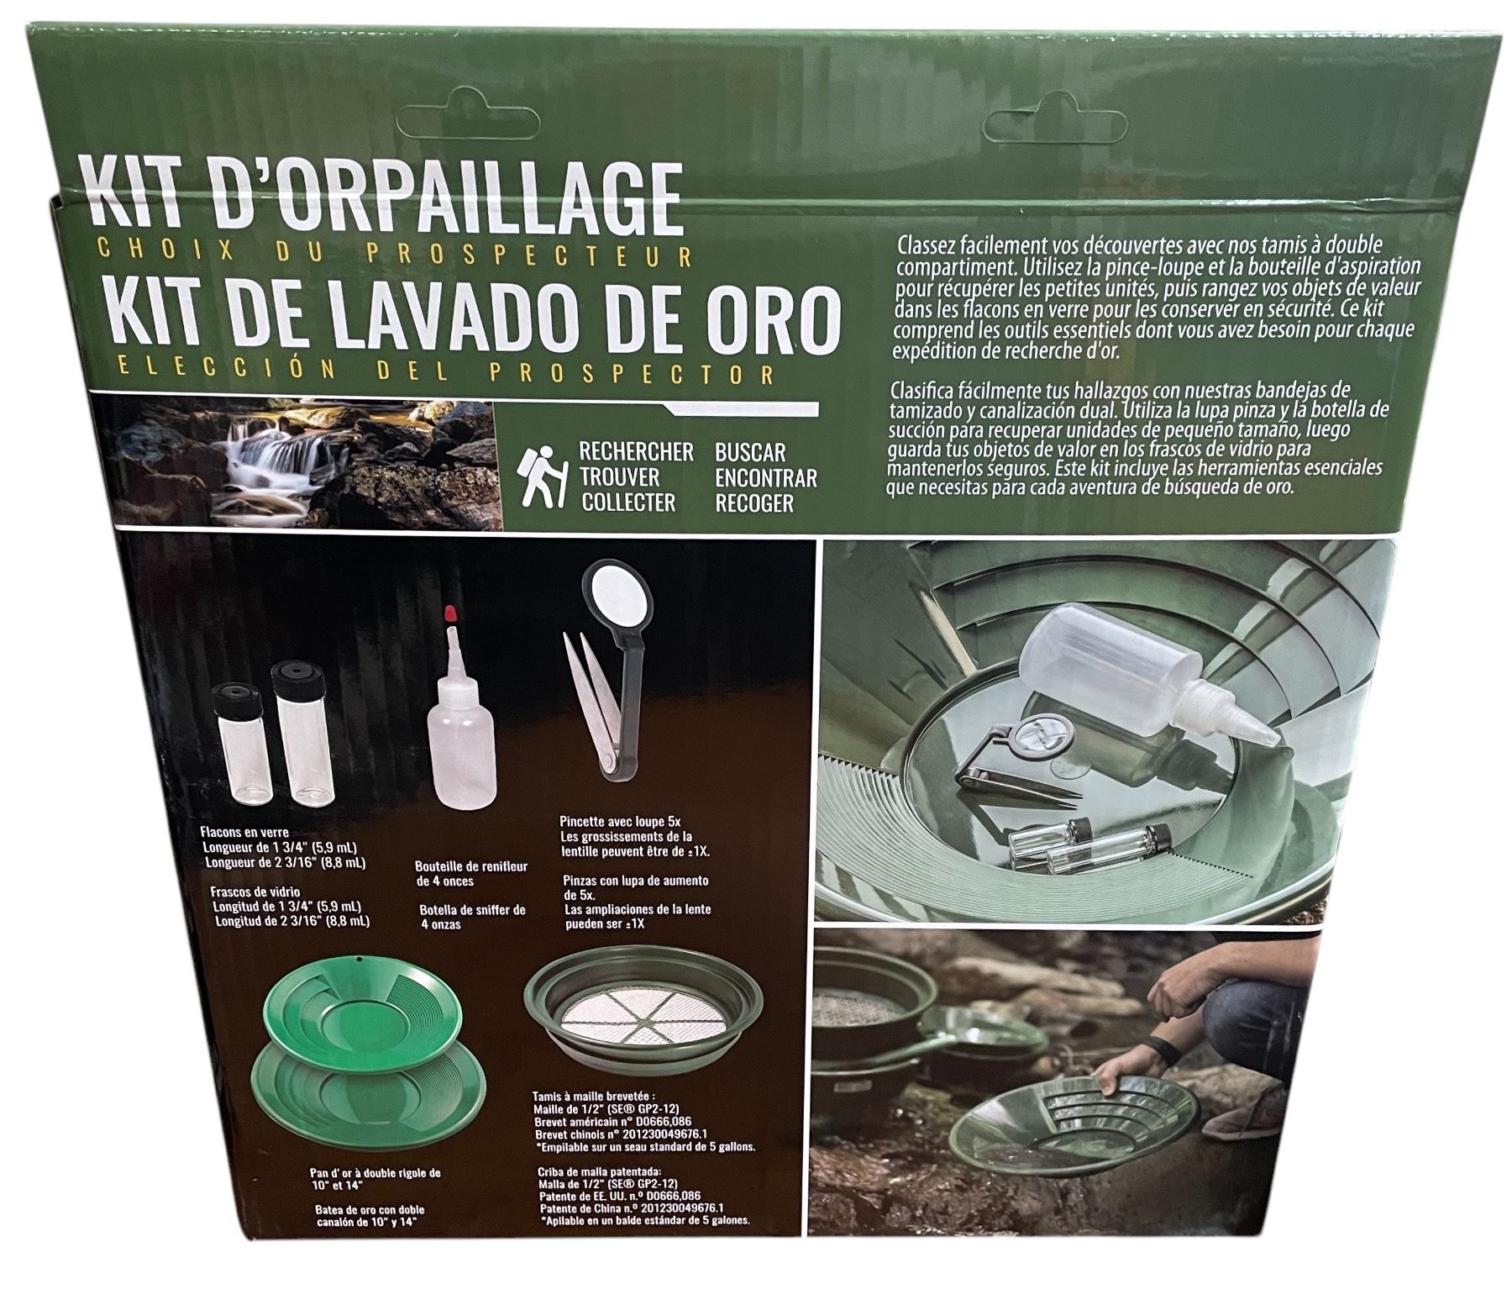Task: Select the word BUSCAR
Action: click(750, 452)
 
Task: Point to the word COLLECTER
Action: click(628, 502)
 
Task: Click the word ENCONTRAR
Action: click(765, 478)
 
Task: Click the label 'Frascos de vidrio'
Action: click(254, 892)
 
